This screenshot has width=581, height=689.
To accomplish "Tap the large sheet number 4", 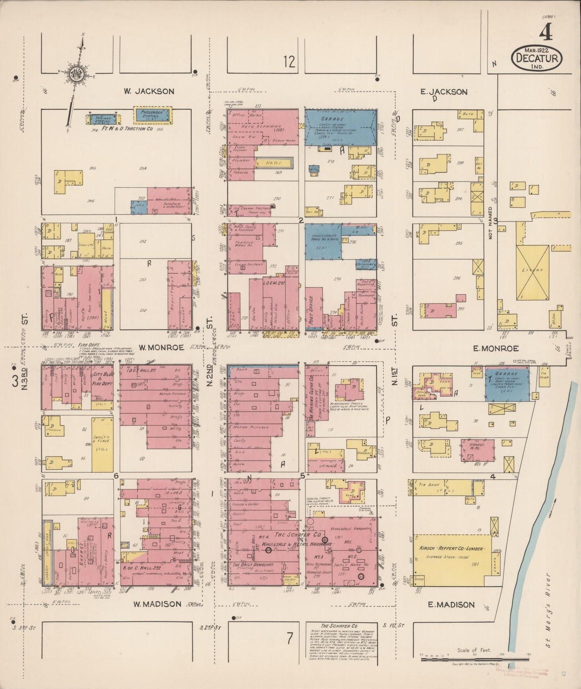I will pyautogui.click(x=545, y=32).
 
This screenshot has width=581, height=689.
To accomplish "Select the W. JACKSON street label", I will pyautogui.click(x=149, y=92).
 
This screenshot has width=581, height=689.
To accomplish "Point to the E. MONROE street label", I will pyautogui.click(x=495, y=349).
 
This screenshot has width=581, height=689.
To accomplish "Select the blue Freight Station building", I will pyautogui.click(x=103, y=119).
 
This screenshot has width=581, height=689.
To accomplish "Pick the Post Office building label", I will pyautogui.click(x=310, y=310).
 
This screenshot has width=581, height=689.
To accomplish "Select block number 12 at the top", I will pyautogui.click(x=289, y=62).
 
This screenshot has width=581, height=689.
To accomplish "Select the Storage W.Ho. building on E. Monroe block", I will pyautogui.click(x=477, y=449).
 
